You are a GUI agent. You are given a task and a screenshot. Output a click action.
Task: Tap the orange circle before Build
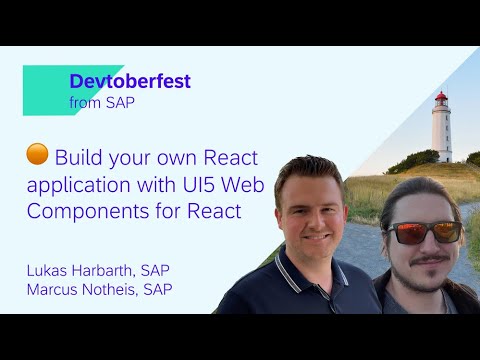tap(37, 155)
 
